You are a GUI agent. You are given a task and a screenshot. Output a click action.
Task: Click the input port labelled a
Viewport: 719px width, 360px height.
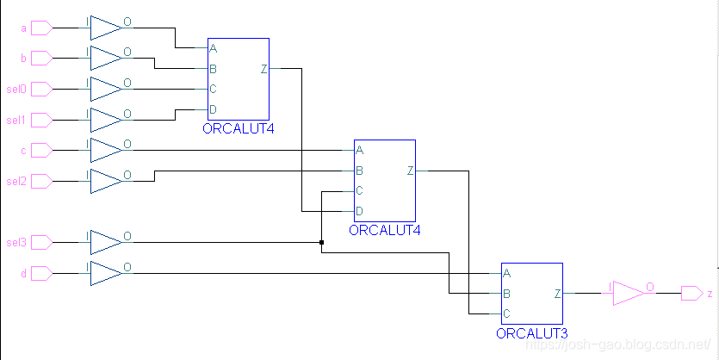pyautogui.click(x=40, y=28)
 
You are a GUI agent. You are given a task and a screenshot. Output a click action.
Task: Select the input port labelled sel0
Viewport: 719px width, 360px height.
pyautogui.click(x=40, y=89)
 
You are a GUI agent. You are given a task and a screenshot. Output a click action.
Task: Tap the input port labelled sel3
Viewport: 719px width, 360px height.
pyautogui.click(x=40, y=242)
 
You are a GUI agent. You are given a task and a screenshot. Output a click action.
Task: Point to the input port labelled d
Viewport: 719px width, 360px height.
pyautogui.click(x=40, y=273)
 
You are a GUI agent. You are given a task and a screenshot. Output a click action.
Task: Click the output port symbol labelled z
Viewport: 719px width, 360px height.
pyautogui.click(x=691, y=294)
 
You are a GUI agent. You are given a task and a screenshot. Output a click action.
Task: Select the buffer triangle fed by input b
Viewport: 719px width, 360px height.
pyautogui.click(x=106, y=59)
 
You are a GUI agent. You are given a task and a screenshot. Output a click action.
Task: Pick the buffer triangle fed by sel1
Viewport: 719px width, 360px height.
pyautogui.click(x=106, y=120)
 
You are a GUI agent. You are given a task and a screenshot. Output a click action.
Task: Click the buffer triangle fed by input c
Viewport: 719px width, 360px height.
pyautogui.click(x=106, y=150)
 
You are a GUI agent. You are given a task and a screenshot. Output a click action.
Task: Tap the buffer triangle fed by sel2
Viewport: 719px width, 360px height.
pyautogui.click(x=106, y=181)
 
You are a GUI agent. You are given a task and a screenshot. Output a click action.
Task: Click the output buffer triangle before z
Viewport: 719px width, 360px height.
pyautogui.click(x=629, y=294)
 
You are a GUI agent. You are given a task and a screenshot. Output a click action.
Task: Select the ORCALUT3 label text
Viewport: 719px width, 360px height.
pyautogui.click(x=531, y=333)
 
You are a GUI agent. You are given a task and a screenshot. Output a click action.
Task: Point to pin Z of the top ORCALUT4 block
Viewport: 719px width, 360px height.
pyautogui.click(x=263, y=69)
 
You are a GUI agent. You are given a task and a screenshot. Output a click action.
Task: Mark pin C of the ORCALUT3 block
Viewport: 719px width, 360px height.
pyautogui.click(x=506, y=313)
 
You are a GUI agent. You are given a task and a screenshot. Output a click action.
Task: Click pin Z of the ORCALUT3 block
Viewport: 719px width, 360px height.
pyautogui.click(x=557, y=294)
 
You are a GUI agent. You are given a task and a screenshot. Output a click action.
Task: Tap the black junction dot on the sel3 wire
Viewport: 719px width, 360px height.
pyautogui.click(x=321, y=243)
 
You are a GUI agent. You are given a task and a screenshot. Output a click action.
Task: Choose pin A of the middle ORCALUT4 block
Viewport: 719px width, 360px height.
pyautogui.click(x=359, y=150)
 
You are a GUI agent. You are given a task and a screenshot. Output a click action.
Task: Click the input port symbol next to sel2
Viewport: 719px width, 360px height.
pyautogui.click(x=40, y=181)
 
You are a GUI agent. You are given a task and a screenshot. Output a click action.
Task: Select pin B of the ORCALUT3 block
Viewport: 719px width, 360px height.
pyautogui.click(x=506, y=294)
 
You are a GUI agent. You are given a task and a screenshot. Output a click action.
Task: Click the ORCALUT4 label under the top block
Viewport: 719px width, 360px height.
pyautogui.click(x=238, y=129)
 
